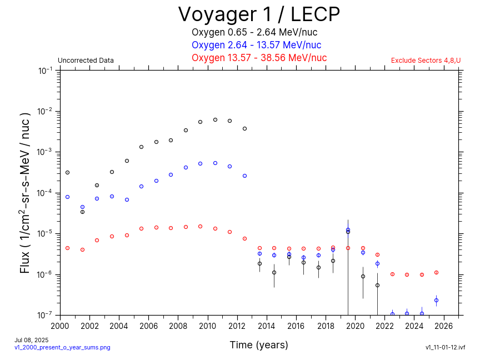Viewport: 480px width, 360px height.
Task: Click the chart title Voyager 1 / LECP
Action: click(259, 14)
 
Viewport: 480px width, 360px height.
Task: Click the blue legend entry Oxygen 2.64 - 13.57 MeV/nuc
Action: click(256, 45)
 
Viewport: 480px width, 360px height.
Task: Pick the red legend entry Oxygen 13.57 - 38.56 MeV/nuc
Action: click(259, 58)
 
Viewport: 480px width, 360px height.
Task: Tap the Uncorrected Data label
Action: click(86, 61)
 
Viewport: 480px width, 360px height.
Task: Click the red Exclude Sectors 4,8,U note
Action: click(426, 61)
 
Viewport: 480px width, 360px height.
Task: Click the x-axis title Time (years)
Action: click(259, 345)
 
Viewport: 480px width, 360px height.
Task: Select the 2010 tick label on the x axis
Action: click(208, 326)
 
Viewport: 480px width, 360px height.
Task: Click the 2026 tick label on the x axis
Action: click(444, 326)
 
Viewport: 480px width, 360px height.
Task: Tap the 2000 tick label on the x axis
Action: click(60, 326)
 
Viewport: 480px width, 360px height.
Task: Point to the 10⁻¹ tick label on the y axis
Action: click(46, 71)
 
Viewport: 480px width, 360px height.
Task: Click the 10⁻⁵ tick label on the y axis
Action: click(46, 233)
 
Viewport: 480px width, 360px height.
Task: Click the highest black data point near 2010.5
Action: click(215, 119)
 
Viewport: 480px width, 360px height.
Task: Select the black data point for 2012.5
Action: click(244, 128)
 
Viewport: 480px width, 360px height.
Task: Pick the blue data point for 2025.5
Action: click(436, 300)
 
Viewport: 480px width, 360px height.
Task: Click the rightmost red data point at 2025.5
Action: click(436, 272)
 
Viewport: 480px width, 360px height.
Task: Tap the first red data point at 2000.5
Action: click(67, 248)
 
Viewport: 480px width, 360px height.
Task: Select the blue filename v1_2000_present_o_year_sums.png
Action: click(62, 347)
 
